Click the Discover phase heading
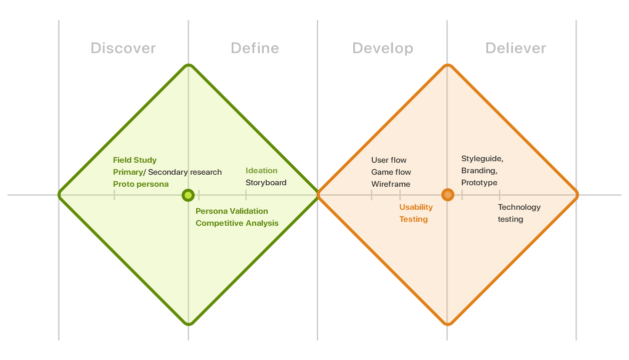pyautogui.click(x=123, y=48)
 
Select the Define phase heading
pyautogui.click(x=255, y=48)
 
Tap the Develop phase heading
pyautogui.click(x=383, y=49)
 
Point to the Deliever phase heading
pyautogui.click(x=516, y=48)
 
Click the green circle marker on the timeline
pyautogui.click(x=188, y=195)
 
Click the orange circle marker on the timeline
pyautogui.click(x=448, y=195)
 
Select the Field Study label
pyautogui.click(x=135, y=160)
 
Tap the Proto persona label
pyautogui.click(x=141, y=184)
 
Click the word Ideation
pyautogui.click(x=261, y=171)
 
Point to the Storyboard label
pyautogui.click(x=266, y=183)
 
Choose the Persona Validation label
pyautogui.click(x=232, y=211)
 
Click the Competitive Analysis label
pyautogui.click(x=237, y=223)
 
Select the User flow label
pyautogui.click(x=389, y=160)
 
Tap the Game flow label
pyautogui.click(x=391, y=172)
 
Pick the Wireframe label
pyautogui.click(x=391, y=184)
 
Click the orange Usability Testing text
pyautogui.click(x=416, y=213)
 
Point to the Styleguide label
pyautogui.click(x=482, y=159)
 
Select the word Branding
pyautogui.click(x=479, y=171)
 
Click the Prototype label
pyautogui.click(x=479, y=183)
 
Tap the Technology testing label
pyautogui.click(x=519, y=213)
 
